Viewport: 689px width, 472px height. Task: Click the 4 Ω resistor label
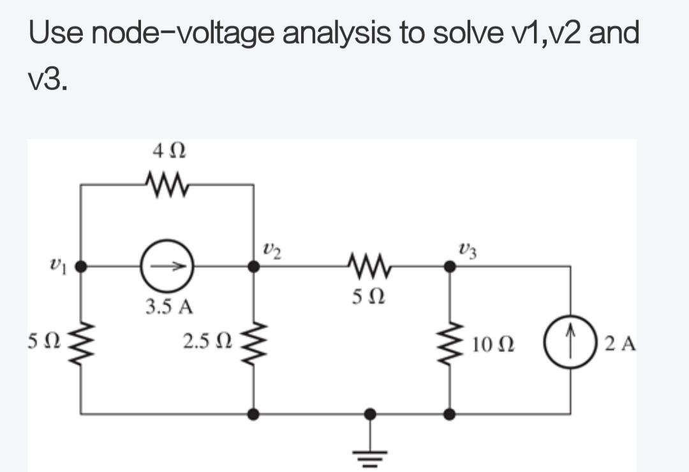169,151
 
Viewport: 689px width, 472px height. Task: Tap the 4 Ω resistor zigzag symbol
167,184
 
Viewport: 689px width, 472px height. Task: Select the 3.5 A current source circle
167,266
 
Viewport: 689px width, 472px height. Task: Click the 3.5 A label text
169,307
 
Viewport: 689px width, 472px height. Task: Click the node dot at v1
80,266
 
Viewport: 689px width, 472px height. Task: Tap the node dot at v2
253,266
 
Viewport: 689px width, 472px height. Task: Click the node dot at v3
450,266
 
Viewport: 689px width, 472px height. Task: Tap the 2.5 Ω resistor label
207,341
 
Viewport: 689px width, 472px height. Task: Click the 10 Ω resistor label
493,344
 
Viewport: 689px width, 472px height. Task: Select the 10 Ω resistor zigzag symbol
448,344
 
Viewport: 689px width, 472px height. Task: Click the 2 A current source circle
570,341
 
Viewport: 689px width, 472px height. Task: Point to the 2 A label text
620,343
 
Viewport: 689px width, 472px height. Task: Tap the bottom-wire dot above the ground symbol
371,414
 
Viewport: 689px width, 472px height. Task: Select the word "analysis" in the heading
336,33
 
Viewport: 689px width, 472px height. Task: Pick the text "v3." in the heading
48,80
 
